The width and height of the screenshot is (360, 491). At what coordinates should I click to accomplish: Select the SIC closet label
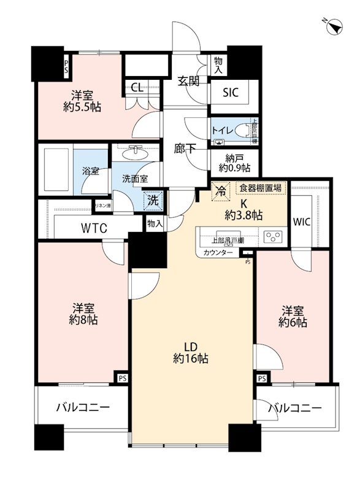[x=231, y=93]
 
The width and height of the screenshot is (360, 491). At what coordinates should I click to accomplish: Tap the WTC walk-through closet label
[x=94, y=228]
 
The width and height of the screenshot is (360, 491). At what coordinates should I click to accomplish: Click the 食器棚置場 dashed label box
[x=261, y=188]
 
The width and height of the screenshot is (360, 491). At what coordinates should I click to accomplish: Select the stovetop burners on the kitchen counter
[x=272, y=235]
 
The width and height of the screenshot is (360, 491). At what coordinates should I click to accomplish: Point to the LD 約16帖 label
[x=191, y=352]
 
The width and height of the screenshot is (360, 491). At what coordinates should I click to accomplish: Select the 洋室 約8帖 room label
[x=83, y=314]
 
